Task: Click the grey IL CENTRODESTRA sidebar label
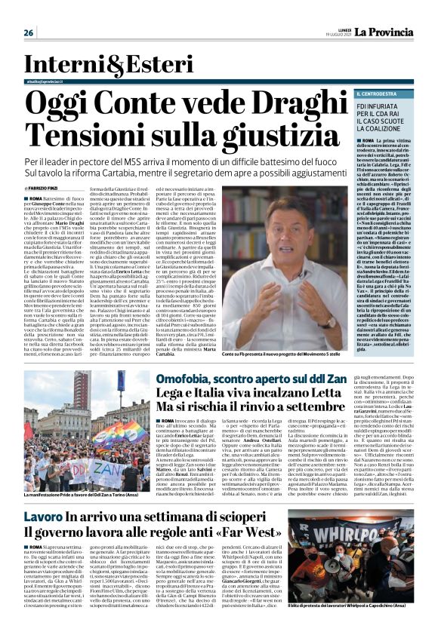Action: pos(358,93)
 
